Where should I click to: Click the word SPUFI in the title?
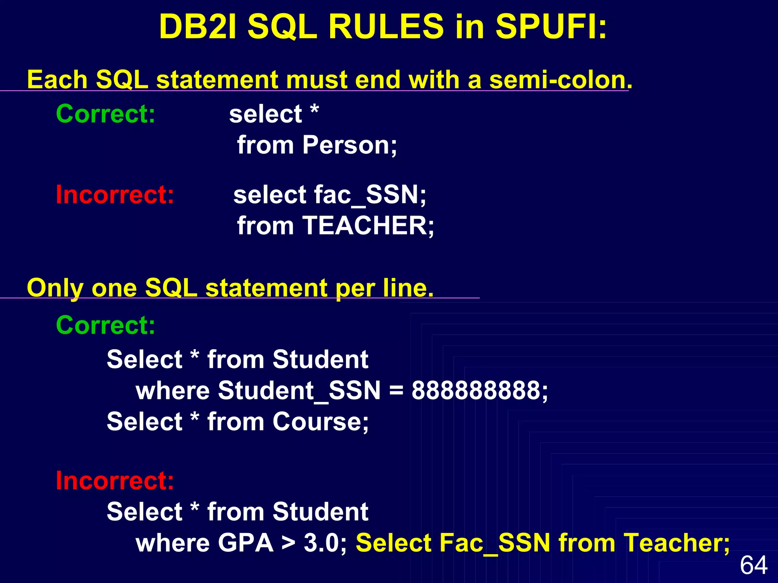tap(551, 27)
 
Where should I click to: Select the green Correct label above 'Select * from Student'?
tap(106, 325)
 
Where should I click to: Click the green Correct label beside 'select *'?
tap(106, 113)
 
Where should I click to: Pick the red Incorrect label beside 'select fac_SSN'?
tap(115, 195)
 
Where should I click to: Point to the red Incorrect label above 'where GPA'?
tap(115, 481)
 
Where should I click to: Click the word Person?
tap(349, 145)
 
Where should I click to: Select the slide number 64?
tap(754, 565)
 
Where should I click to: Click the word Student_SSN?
tap(299, 391)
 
